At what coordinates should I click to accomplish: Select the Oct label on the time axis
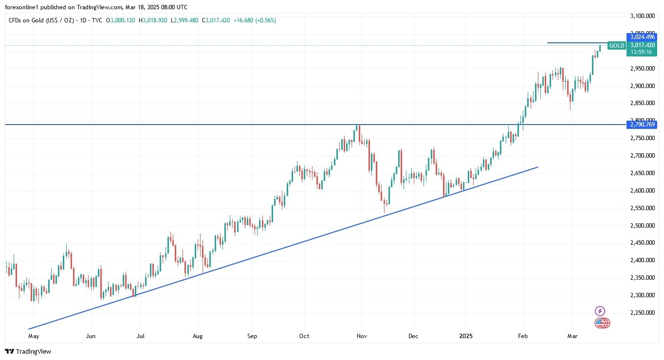(x=304, y=336)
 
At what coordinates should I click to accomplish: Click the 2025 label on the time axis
(x=466, y=336)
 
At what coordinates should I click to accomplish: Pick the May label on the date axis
(x=34, y=336)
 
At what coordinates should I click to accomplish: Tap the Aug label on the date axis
(x=198, y=336)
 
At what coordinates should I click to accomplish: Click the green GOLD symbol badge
(x=617, y=46)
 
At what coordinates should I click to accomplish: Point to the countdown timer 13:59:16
(x=642, y=52)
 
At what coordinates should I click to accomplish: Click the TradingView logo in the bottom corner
(x=28, y=351)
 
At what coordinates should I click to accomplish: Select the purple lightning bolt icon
(x=600, y=311)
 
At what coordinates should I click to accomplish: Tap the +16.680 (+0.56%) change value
(x=255, y=20)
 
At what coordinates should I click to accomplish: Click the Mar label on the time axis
(x=572, y=336)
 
